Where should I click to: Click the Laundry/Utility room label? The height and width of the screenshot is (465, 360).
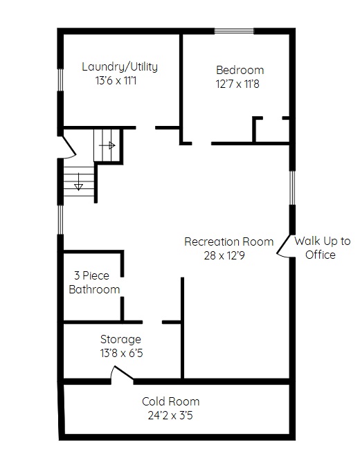[120, 66]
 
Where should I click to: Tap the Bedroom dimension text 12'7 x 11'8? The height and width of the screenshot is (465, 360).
[237, 84]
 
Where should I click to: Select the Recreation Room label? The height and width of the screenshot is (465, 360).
[229, 241]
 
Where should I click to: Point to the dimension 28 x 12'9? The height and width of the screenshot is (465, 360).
[224, 255]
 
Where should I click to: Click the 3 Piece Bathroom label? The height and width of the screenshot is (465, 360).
[94, 282]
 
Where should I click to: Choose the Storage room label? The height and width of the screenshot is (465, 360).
[120, 339]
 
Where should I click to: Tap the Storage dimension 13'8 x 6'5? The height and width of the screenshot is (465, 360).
[121, 353]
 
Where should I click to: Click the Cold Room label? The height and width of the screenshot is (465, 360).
[170, 401]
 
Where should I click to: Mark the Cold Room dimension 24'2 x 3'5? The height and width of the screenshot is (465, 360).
[170, 415]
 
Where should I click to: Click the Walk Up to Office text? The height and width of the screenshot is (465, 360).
[322, 248]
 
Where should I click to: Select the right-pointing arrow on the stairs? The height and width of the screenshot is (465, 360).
[107, 145]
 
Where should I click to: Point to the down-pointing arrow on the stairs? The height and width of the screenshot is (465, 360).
[78, 181]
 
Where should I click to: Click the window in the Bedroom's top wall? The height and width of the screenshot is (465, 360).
[234, 31]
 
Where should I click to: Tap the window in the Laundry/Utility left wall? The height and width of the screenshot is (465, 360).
[60, 80]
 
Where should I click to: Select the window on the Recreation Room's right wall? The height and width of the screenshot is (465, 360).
[292, 188]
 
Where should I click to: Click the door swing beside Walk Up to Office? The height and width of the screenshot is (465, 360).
[283, 246]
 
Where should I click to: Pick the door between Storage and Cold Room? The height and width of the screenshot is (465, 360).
[122, 374]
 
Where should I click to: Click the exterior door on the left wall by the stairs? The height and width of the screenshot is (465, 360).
[68, 147]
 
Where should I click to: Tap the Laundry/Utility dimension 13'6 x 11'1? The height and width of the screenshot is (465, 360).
[116, 80]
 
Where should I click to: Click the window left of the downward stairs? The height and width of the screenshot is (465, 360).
[60, 219]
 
